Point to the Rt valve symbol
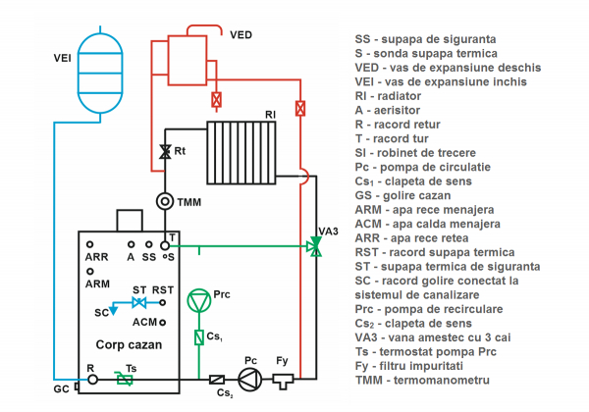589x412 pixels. [x=166, y=152]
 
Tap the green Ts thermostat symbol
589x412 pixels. [x=124, y=379]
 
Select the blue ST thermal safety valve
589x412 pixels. [x=139, y=304]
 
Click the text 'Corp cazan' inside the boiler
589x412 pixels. [x=130, y=346]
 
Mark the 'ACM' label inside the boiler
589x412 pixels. [x=144, y=322]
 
